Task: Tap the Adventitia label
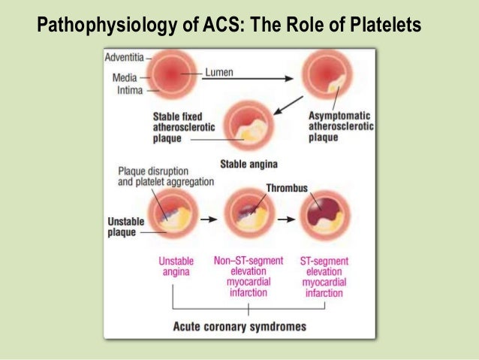(125, 56)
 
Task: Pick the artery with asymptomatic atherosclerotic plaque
(327, 79)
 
